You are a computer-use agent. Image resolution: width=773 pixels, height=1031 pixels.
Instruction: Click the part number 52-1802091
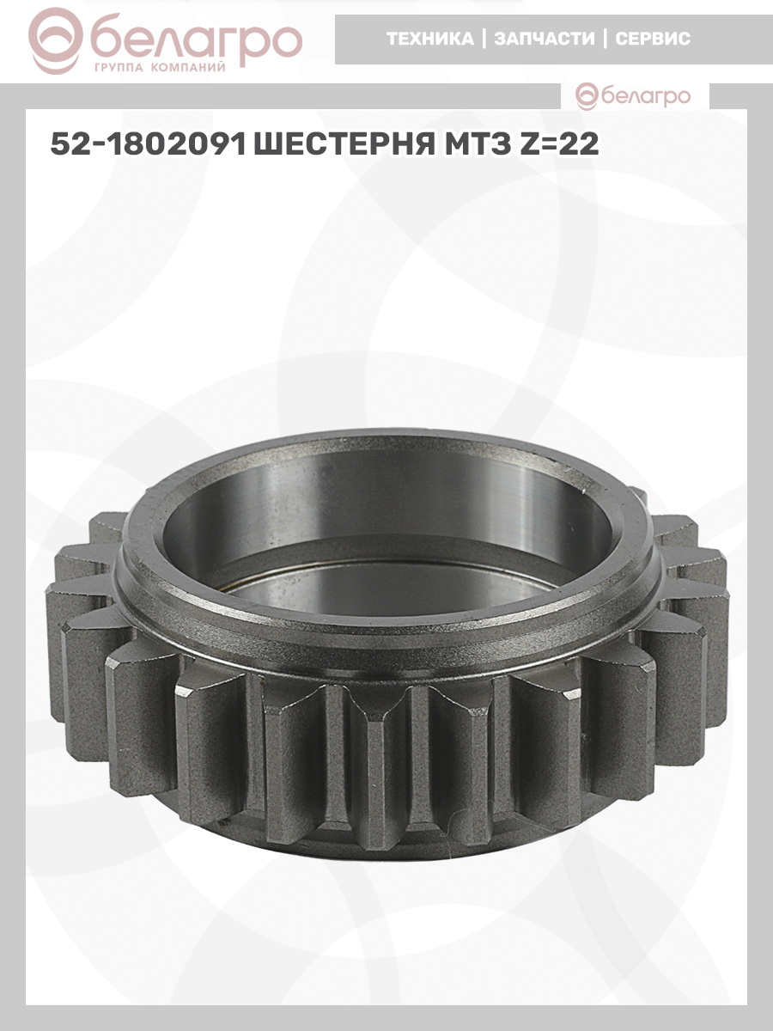tap(149, 143)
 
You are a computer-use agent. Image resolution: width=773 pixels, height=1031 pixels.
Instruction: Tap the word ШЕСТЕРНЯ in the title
tap(344, 143)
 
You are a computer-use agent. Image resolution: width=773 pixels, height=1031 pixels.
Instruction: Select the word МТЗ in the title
tap(478, 143)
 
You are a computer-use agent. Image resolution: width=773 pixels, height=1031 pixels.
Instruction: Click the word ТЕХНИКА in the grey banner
tap(430, 39)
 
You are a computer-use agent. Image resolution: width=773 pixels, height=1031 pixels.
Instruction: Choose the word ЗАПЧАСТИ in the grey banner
tap(545, 39)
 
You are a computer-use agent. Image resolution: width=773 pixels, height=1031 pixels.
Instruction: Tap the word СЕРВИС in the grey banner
tap(653, 39)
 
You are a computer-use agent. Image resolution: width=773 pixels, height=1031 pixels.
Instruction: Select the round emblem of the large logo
tap(55, 41)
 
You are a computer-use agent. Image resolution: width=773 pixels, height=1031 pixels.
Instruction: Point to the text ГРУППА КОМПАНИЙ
tap(160, 68)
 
